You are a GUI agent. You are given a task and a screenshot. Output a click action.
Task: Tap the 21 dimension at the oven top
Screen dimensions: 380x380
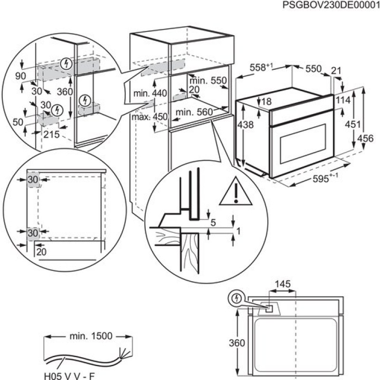[336, 71]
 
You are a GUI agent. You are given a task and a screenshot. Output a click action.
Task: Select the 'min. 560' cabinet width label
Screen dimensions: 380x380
[193, 112]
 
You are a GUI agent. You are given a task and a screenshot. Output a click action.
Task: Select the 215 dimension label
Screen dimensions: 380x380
[51, 134]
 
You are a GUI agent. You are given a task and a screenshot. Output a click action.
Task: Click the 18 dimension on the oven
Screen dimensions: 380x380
[266, 101]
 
